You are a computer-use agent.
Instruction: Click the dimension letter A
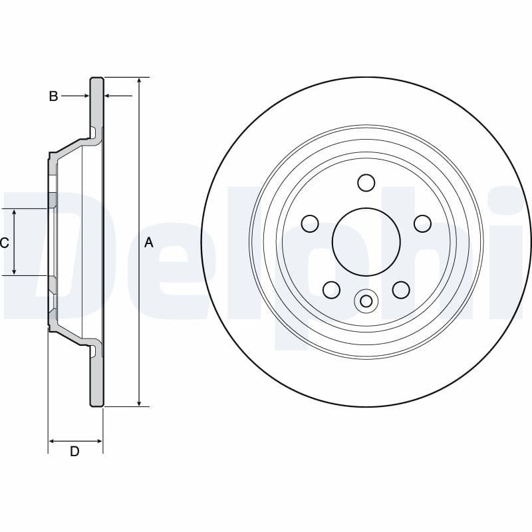click(149, 243)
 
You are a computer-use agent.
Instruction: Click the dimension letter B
click(53, 96)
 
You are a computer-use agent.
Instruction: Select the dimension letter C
click(5, 243)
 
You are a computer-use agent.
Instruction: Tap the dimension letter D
click(74, 452)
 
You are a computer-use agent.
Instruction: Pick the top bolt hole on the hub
click(366, 182)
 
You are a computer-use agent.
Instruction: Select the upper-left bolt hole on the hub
click(310, 223)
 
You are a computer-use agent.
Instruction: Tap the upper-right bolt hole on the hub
click(422, 223)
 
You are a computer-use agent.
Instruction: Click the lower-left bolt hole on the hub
click(331, 289)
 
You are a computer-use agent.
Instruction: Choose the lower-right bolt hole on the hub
click(401, 289)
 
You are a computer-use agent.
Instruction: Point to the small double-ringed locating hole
click(366, 301)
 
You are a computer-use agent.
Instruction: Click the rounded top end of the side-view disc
click(97, 80)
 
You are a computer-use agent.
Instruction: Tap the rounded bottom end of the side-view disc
click(97, 404)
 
